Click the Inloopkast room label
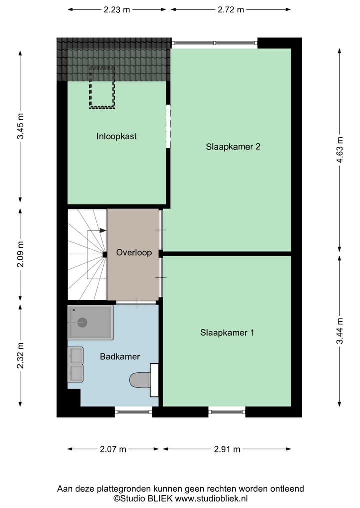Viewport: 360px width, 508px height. click(117, 136)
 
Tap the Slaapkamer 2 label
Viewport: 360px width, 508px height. click(233, 147)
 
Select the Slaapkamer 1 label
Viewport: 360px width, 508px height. click(227, 332)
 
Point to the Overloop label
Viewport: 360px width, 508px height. click(134, 253)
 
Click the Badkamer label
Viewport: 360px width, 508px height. click(120, 356)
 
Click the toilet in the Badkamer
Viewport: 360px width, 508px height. click(139, 380)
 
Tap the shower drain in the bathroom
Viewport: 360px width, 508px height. click(82, 322)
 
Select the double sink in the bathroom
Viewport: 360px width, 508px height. click(76, 364)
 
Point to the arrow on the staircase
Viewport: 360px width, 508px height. click(102, 230)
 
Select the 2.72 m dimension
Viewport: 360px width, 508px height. click(231, 10)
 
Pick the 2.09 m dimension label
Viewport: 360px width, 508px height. click(20, 254)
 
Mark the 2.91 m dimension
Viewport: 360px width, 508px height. click(227, 449)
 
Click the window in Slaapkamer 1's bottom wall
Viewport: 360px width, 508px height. click(227, 412)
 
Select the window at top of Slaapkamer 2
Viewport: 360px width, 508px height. click(215, 43)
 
